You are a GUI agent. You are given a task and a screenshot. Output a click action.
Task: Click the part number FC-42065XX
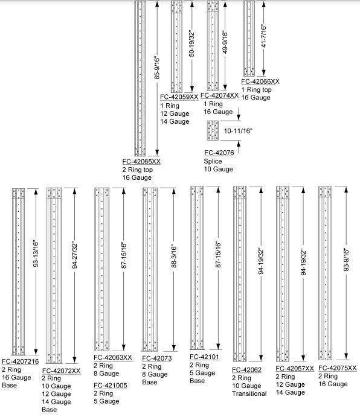[141, 162]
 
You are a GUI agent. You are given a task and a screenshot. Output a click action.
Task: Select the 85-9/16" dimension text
[157, 68]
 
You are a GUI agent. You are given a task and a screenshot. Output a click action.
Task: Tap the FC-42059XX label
[179, 97]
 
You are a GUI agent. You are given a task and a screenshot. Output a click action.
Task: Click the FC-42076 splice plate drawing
[213, 130]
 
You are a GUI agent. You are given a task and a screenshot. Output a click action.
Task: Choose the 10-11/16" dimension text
[239, 131]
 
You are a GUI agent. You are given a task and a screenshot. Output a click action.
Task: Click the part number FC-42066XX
[260, 81]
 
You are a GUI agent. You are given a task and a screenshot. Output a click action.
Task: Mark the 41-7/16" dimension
[264, 37]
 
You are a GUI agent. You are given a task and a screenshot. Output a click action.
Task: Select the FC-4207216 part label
[21, 361]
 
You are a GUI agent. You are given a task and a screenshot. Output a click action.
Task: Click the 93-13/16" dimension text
[36, 254]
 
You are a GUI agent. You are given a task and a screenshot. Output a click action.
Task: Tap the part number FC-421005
[111, 386]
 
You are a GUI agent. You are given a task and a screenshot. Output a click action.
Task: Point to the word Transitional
[249, 393]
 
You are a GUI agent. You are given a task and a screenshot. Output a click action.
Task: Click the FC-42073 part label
[157, 358]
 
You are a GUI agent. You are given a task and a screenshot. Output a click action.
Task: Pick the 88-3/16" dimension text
[174, 256]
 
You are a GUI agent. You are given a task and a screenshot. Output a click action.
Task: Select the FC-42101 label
[204, 357]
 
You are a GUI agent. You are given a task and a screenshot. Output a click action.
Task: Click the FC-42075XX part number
[338, 368]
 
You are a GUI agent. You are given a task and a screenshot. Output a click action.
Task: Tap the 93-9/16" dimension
[346, 260]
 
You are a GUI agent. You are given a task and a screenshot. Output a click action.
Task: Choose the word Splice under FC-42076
[213, 161]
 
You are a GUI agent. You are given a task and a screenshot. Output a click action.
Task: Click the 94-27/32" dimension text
[75, 255]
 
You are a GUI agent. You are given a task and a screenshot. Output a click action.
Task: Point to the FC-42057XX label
[295, 369]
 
